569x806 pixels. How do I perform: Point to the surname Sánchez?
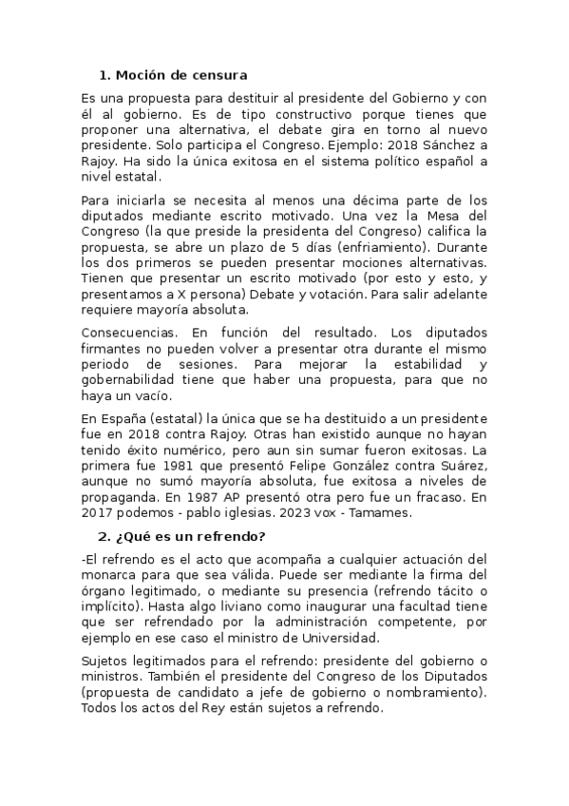[x=451, y=145]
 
